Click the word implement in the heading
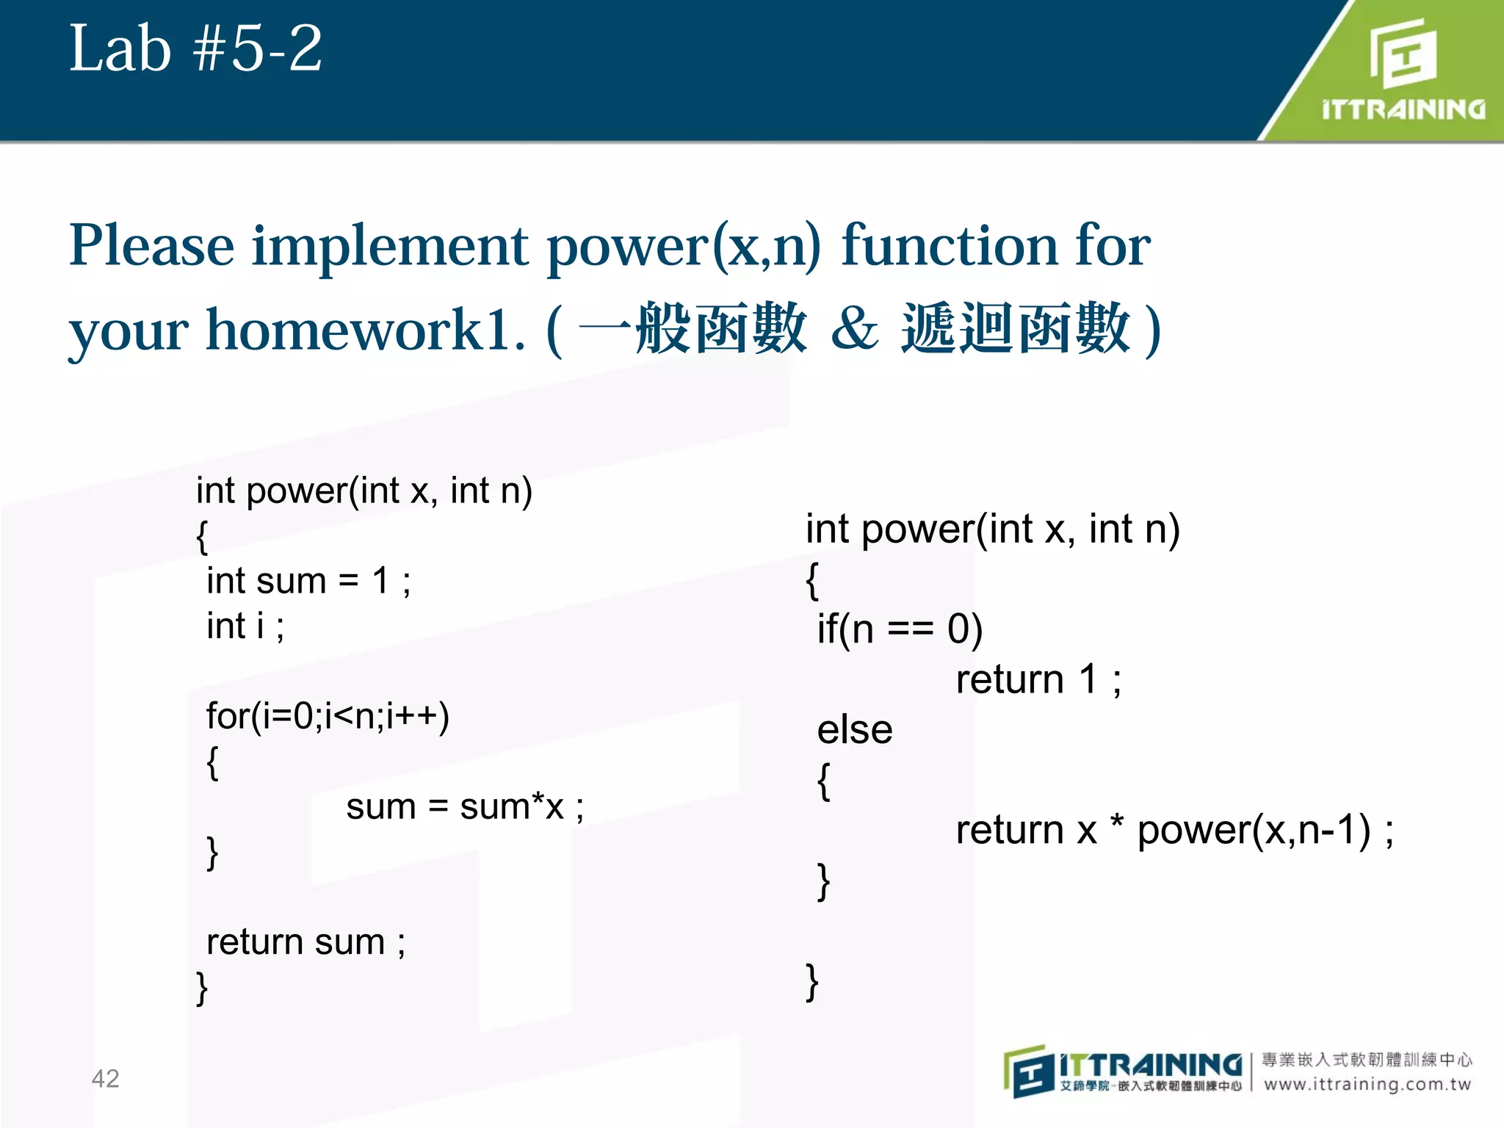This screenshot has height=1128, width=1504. (390, 246)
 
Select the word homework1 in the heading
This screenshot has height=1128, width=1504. (365, 330)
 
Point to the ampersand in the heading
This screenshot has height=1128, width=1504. (854, 329)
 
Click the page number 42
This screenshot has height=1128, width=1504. (105, 1078)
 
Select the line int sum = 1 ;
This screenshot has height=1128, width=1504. (308, 581)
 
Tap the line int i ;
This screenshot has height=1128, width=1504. (245, 626)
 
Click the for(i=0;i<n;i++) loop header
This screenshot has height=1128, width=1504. (328, 716)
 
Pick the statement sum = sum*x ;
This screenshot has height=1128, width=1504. (465, 806)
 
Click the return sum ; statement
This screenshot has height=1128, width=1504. (305, 942)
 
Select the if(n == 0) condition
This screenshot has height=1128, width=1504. (900, 629)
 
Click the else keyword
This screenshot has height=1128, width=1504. (855, 730)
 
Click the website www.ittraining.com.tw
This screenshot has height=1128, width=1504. (1367, 1084)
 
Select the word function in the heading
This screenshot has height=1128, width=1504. (950, 246)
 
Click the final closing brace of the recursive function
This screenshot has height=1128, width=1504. (811, 982)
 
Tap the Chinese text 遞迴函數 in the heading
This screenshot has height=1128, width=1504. (1016, 329)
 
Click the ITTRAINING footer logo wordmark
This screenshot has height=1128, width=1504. (1150, 1064)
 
